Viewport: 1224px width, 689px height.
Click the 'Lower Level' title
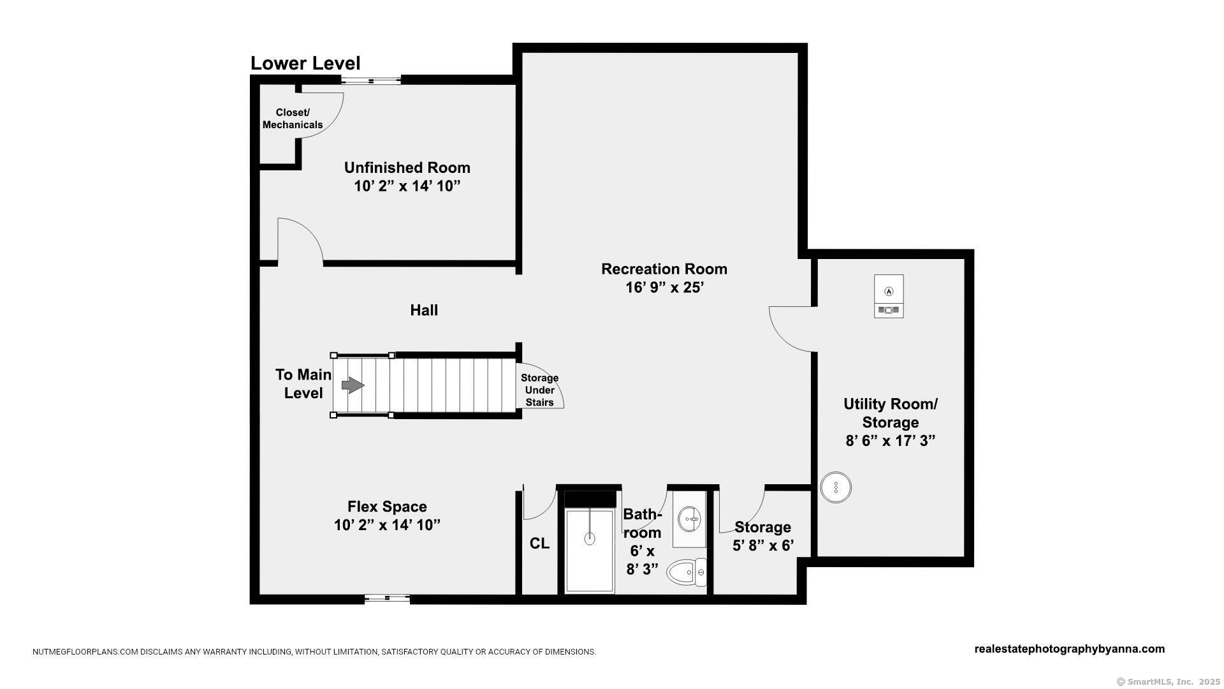tap(305, 63)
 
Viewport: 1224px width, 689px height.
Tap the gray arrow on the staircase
tap(353, 385)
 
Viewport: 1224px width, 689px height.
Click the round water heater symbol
tap(835, 487)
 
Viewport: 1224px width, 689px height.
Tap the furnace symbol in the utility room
tap(889, 296)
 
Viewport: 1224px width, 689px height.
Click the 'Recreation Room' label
tap(664, 269)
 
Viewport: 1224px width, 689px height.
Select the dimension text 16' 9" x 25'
tap(664, 288)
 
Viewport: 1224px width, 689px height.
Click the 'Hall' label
tap(424, 310)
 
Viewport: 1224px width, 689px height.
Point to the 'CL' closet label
tap(539, 544)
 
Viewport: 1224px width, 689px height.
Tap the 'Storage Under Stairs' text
tap(539, 390)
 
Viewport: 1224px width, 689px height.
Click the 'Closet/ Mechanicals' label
tap(293, 119)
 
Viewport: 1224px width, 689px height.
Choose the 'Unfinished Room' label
tap(407, 168)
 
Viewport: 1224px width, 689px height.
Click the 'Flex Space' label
tap(387, 507)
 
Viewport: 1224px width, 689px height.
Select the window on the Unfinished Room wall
tap(370, 80)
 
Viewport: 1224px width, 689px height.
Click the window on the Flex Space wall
tap(387, 598)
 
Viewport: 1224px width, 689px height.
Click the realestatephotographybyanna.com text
tap(1070, 649)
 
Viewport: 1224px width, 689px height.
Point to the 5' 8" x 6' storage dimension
tap(763, 545)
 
